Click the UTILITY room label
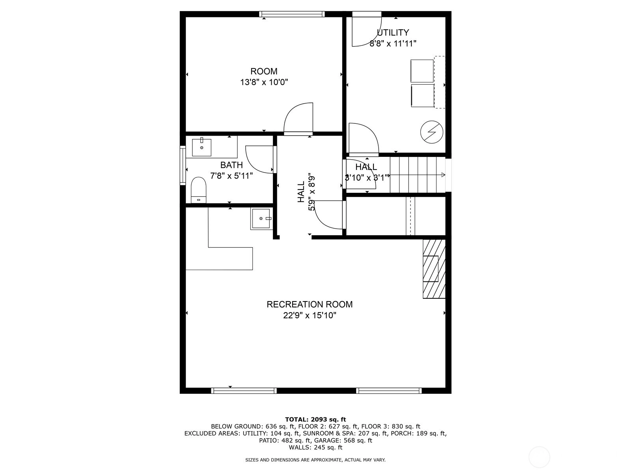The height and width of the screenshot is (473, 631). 393,32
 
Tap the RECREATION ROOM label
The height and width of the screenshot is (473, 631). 310,304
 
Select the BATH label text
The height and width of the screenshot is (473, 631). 231,165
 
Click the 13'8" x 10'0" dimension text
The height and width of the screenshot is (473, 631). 264,82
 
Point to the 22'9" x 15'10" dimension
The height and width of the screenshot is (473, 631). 310,316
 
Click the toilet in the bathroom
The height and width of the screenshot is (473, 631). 199,190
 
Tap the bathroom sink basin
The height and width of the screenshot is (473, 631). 202,147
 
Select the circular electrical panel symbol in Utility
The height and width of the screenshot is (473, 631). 431,132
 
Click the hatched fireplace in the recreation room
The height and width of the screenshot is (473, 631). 434,269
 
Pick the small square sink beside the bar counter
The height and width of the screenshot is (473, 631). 261,219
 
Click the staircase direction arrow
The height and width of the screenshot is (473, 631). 417,175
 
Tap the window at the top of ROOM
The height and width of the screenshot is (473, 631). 292,14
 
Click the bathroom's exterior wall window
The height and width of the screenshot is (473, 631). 183,166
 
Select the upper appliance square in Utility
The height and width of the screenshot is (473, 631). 422,71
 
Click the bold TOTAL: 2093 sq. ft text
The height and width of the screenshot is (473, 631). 315,419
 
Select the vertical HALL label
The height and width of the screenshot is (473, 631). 301,192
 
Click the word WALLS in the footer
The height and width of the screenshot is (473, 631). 300,447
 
